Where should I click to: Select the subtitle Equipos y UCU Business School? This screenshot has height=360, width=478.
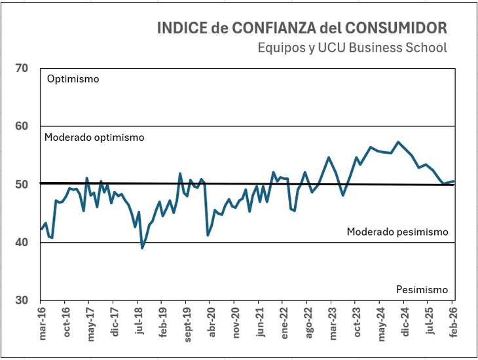click(x=352, y=48)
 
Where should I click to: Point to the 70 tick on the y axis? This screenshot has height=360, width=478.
click(x=21, y=68)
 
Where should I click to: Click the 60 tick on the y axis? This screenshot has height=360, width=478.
click(x=21, y=126)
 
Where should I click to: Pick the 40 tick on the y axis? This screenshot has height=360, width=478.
click(x=21, y=242)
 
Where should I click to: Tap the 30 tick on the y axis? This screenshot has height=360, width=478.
click(x=21, y=300)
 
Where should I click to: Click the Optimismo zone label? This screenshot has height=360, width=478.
click(x=73, y=79)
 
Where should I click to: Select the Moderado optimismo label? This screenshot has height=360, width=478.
click(x=94, y=137)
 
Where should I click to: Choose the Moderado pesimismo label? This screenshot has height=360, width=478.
click(x=397, y=232)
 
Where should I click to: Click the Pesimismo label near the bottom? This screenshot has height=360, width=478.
click(x=422, y=289)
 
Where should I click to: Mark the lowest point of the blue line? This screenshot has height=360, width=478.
click(x=142, y=248)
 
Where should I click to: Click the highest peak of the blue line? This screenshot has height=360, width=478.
click(x=398, y=142)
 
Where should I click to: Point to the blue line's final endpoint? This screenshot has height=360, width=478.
click(x=454, y=181)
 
